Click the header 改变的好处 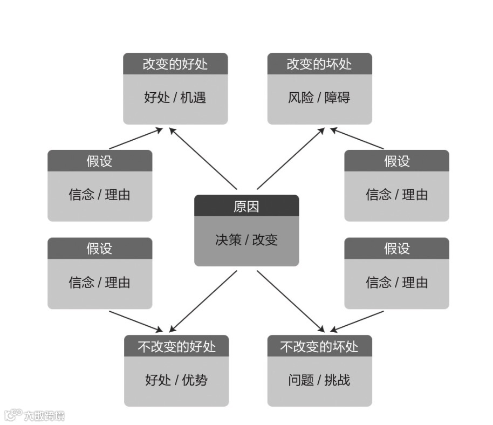[x=175, y=64]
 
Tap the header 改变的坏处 [x=319, y=64]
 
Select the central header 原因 [x=246, y=207]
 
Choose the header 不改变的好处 [x=176, y=346]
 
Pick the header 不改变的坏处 [x=319, y=346]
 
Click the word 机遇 [x=193, y=98]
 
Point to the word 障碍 [x=337, y=98]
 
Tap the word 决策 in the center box [x=228, y=240]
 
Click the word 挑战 [x=337, y=380]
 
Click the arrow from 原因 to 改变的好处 [x=203, y=159]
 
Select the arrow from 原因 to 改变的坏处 [x=291, y=159]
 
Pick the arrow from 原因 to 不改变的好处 [x=203, y=301]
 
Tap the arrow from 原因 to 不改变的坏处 [x=291, y=301]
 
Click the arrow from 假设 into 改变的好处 [x=136, y=139]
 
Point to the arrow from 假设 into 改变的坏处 [x=357, y=139]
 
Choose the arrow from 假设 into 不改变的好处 [x=136, y=320]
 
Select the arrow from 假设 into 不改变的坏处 [x=357, y=320]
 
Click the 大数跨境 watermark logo [x=35, y=415]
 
